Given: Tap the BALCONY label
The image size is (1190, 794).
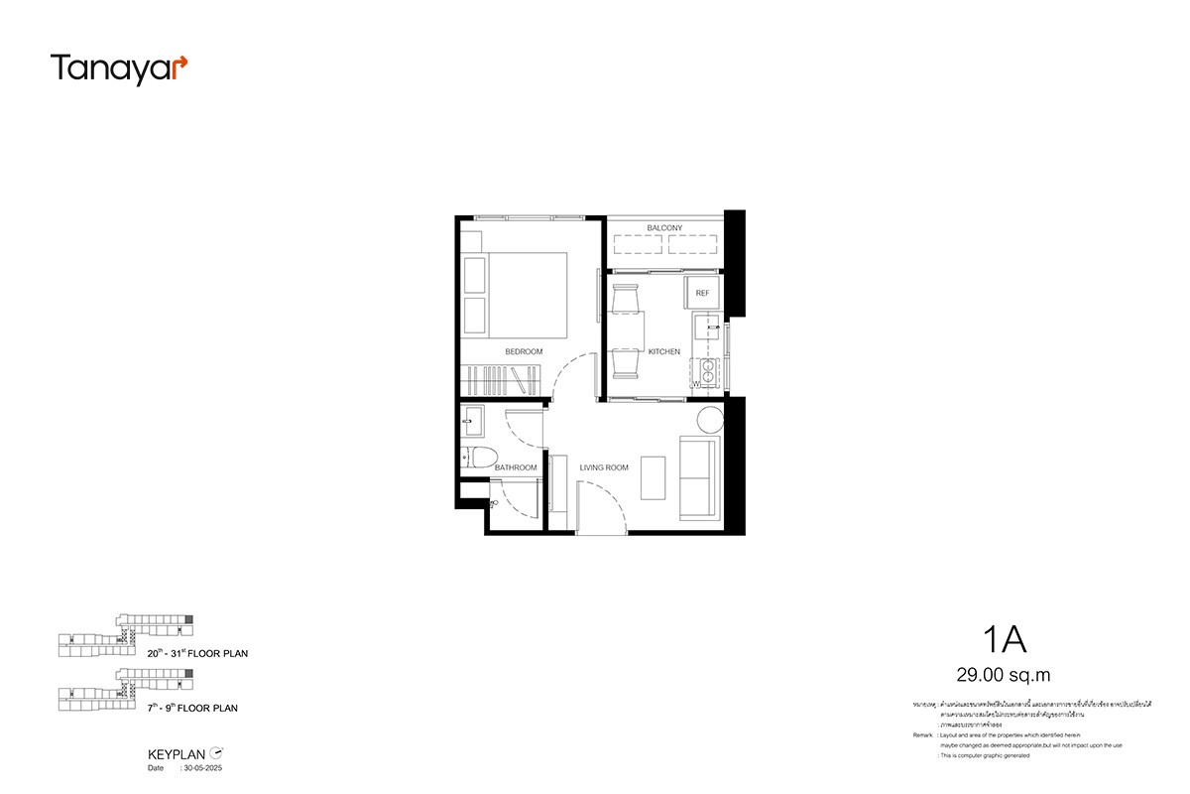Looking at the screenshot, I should pos(664,228).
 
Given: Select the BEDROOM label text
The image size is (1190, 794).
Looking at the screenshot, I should pos(524,352).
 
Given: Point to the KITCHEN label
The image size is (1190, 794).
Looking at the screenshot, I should pos(663,352).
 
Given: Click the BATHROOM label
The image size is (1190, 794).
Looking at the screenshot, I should pos(516,467).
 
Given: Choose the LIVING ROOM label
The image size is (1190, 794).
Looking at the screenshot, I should pos(604,467).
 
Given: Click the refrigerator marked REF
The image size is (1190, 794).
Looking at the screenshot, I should pos(702,293).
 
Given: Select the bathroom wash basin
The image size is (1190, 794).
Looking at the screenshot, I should pos(472,422).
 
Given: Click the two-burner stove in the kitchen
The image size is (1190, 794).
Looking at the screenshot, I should pos(709,369).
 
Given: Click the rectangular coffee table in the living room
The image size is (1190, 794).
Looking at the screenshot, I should pos(654,476).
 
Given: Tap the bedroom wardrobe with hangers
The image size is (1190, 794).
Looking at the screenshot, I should pos(503,380).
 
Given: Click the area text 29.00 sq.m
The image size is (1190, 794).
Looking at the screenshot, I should pos(1003,676).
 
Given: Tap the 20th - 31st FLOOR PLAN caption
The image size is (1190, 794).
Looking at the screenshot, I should pos(196,654).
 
